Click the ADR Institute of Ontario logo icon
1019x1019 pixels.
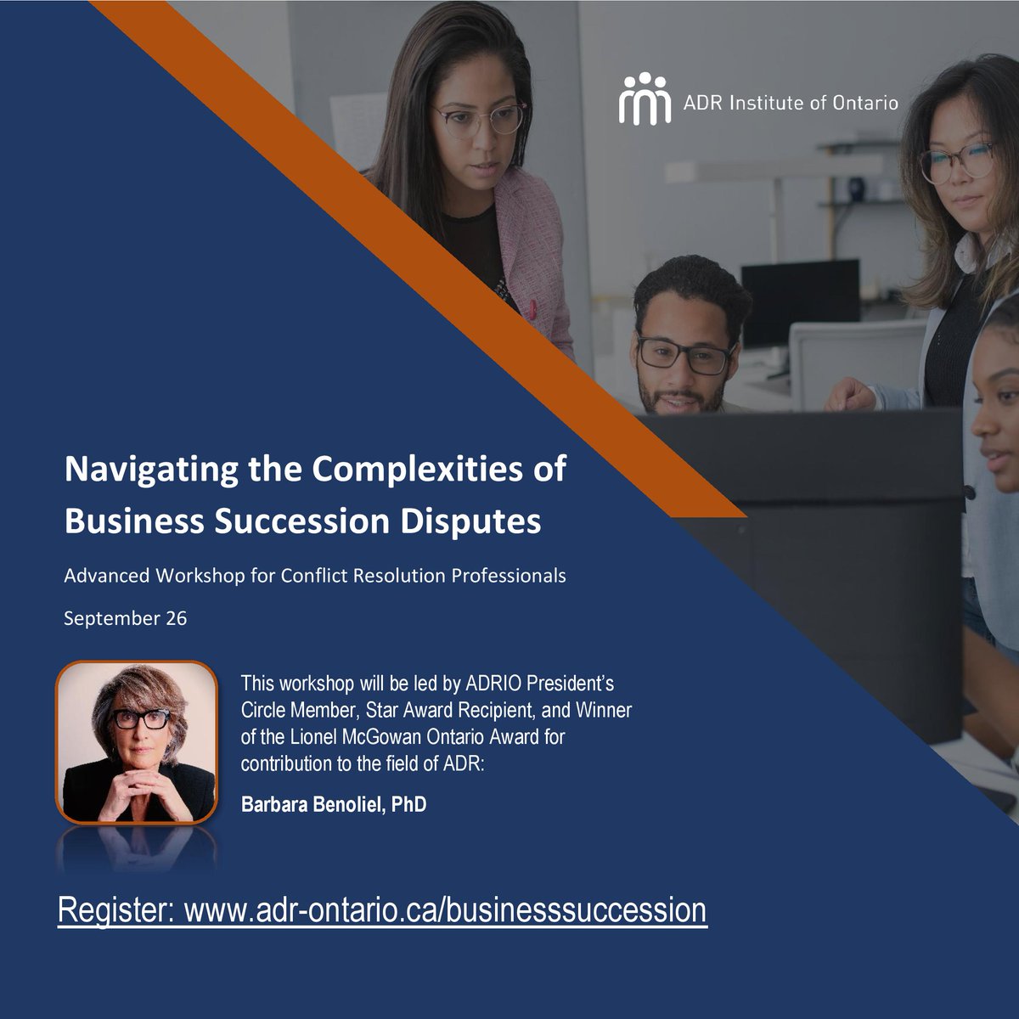pos(645,99)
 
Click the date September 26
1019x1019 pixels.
pos(126,617)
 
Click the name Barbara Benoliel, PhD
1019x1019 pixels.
pos(334,804)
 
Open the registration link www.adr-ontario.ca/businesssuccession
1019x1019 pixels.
pos(445,909)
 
